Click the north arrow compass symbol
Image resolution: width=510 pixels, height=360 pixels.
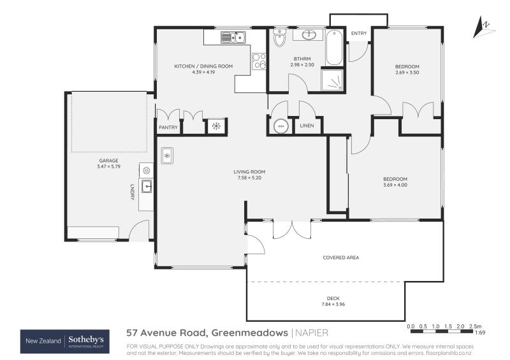tap(484, 26)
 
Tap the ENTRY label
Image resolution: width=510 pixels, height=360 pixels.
tap(359, 33)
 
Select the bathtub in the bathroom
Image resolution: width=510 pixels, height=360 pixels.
tap(335, 48)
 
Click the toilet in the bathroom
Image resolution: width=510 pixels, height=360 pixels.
tap(279, 40)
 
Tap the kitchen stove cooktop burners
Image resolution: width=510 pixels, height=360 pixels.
tap(259, 61)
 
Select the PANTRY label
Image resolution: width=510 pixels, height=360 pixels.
tap(168, 127)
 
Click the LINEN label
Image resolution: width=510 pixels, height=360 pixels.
tap(307, 127)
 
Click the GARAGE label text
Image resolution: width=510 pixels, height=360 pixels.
tap(108, 161)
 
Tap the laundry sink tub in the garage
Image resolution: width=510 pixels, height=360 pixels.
tap(147, 187)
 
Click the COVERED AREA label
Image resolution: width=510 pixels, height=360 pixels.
tap(341, 257)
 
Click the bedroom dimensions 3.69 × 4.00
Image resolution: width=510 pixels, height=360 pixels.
tap(395, 185)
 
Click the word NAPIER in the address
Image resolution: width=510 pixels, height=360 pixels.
tap(312, 332)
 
